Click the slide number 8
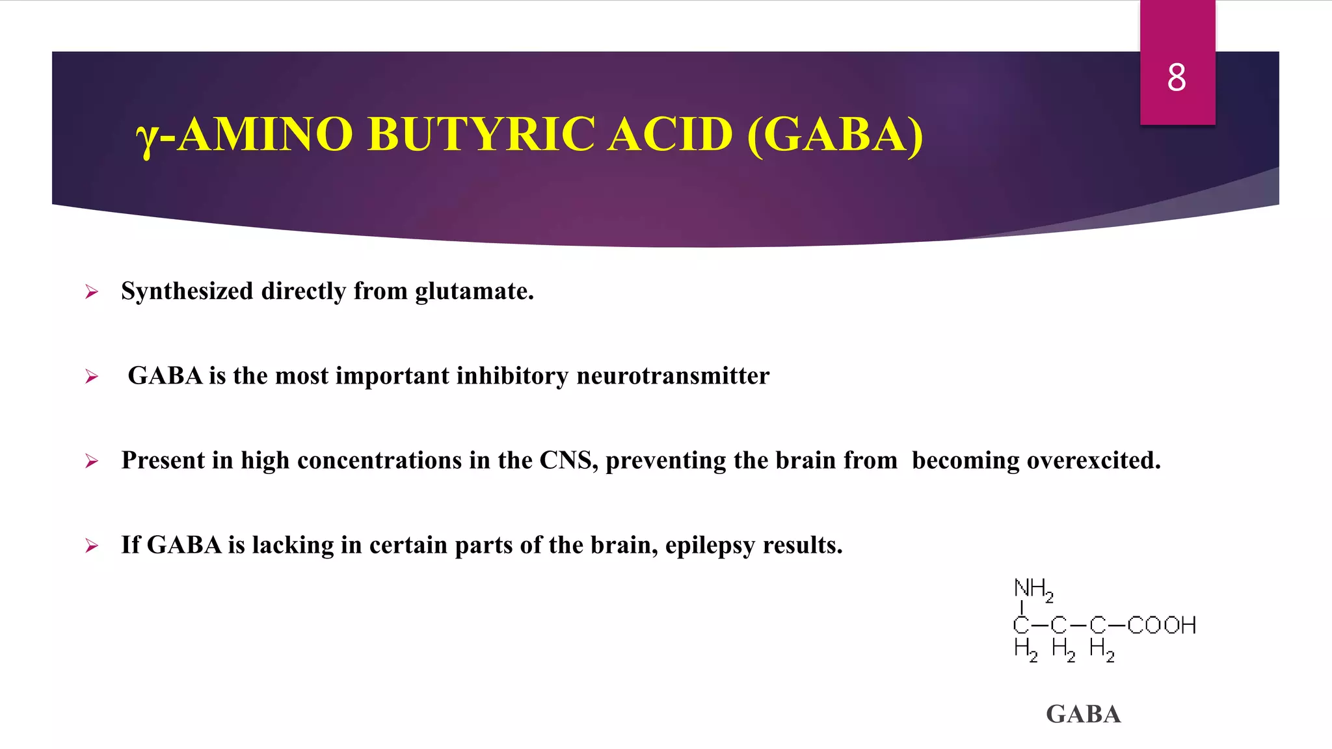coord(1177,78)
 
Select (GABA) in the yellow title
coord(835,135)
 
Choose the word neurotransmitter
coord(673,376)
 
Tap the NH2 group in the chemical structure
coord(1033,589)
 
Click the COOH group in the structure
coord(1162,625)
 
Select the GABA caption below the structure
coord(1084,715)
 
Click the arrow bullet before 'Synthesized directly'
coord(92,292)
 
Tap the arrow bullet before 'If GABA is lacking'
coord(92,546)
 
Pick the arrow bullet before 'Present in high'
coord(92,462)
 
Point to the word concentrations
coord(379,460)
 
